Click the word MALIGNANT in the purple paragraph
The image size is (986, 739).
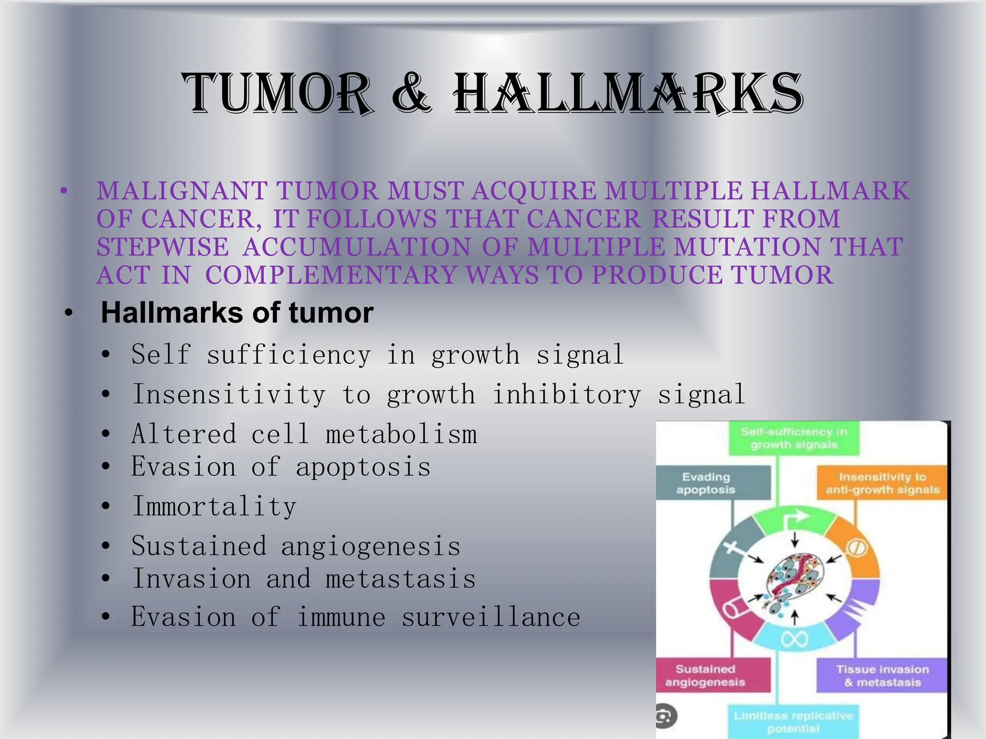click(x=182, y=191)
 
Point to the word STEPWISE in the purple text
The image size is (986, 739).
click(x=163, y=247)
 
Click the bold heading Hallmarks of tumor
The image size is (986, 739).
click(x=237, y=313)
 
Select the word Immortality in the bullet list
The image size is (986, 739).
click(x=214, y=506)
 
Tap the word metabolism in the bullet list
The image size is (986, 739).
click(x=401, y=434)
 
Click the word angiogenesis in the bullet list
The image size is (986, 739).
click(x=370, y=547)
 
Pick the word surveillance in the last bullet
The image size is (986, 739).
click(x=491, y=617)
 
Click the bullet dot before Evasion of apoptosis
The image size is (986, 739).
click(x=106, y=467)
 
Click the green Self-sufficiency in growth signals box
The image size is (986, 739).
click(x=793, y=438)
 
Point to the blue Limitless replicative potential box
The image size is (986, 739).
click(x=793, y=722)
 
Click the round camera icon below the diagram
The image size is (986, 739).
click(x=666, y=717)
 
